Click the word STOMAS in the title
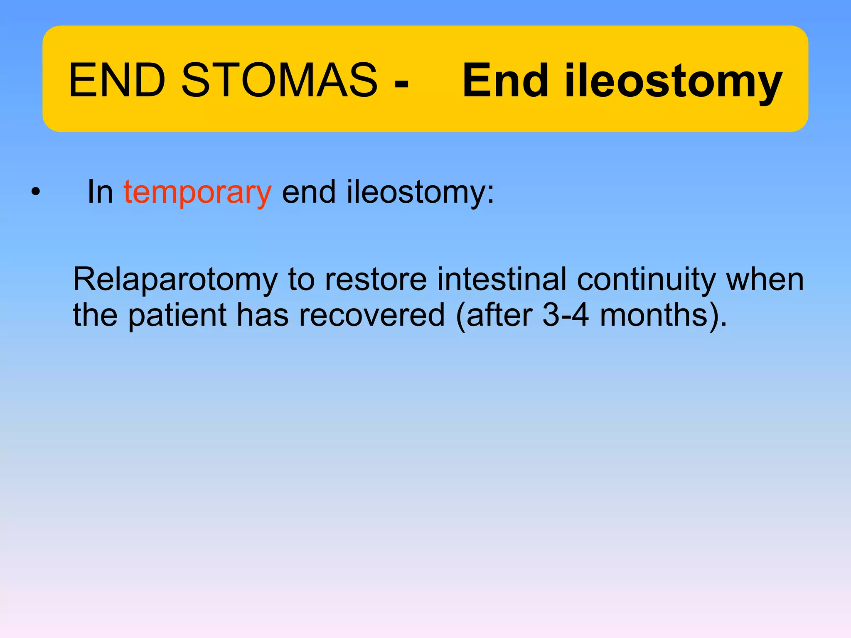click(x=279, y=80)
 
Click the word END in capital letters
click(x=117, y=80)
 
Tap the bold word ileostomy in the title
click(x=673, y=81)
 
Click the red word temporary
click(x=197, y=192)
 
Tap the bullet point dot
click(x=36, y=192)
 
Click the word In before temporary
click(x=100, y=192)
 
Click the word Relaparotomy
click(x=175, y=280)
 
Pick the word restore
click(x=376, y=279)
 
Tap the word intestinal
click(x=502, y=279)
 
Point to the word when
click(x=765, y=279)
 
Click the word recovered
click(x=372, y=315)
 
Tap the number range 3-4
click(x=566, y=315)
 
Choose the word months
click(x=654, y=315)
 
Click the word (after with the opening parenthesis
click(x=494, y=315)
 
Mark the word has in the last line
click(x=262, y=315)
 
